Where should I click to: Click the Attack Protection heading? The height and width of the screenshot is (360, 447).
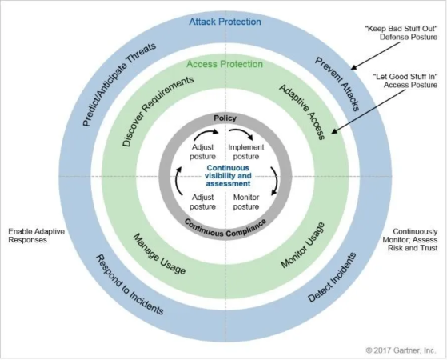(225, 22)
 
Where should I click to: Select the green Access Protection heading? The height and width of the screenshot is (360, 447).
(225, 64)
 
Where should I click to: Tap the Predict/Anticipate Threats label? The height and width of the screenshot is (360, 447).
(119, 84)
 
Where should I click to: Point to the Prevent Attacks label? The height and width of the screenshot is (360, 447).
(337, 84)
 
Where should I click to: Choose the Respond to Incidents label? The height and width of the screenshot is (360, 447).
(130, 285)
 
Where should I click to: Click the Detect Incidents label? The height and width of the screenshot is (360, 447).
(332, 277)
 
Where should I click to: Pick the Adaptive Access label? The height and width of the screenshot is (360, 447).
(302, 112)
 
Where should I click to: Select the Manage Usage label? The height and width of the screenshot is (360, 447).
(159, 254)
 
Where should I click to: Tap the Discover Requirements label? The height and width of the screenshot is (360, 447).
(158, 111)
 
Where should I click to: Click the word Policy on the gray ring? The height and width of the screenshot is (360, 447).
(225, 118)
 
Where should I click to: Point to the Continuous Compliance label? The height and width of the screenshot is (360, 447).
(225, 228)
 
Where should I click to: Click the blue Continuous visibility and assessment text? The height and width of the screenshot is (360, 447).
(228, 176)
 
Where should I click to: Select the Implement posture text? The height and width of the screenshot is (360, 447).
(246, 152)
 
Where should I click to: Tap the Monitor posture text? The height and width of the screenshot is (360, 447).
(246, 202)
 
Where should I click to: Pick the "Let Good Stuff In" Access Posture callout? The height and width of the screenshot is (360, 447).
(405, 81)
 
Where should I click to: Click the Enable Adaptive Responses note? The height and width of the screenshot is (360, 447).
(36, 235)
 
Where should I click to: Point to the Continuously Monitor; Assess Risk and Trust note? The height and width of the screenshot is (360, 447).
(410, 240)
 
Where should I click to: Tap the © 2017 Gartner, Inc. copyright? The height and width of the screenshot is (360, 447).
(401, 350)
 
